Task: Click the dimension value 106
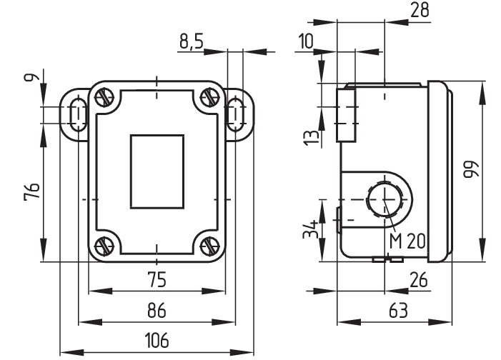tap(157, 340)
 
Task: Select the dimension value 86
tap(157, 310)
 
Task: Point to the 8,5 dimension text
tap(191, 42)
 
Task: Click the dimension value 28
tap(421, 10)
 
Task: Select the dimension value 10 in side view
tap(306, 41)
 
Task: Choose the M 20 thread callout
tap(407, 241)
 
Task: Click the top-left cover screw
tap(104, 96)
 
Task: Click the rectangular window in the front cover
tap(157, 171)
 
